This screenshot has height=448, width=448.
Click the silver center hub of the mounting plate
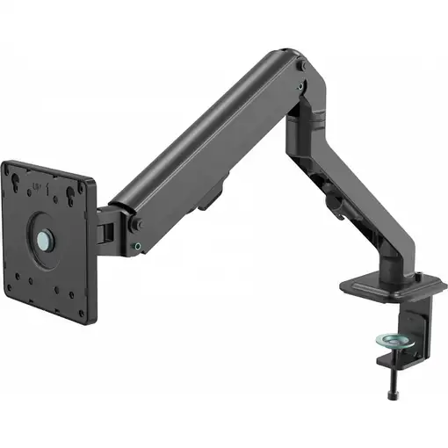pos(44,237)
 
